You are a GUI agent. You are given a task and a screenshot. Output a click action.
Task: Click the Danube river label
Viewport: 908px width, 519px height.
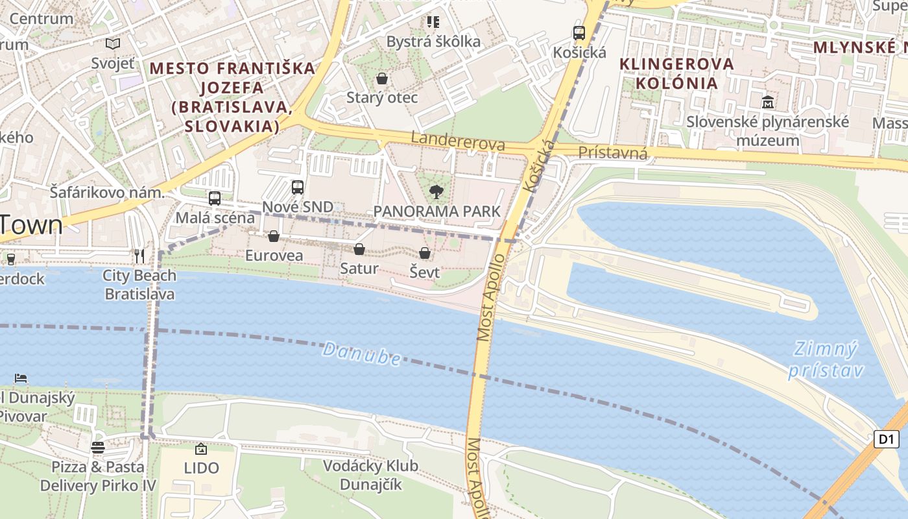361,354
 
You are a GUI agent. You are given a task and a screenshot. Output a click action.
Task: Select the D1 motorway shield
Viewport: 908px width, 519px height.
886,439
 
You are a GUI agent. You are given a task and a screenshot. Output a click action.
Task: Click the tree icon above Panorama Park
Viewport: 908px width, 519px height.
436,191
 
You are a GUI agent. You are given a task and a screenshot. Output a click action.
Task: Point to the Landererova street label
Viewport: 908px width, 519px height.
458,141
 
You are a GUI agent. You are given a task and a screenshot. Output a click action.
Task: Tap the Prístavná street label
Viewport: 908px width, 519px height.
612,153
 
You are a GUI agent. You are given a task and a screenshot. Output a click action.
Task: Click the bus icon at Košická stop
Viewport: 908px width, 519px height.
579,33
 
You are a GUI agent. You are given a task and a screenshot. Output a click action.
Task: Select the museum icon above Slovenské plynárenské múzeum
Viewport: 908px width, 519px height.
768,102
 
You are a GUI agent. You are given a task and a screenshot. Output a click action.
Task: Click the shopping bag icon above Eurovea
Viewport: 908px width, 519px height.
274,236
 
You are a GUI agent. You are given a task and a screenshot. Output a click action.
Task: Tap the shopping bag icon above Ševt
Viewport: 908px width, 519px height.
425,253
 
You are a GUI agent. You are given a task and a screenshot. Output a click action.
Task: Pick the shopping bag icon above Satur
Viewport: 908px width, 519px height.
359,249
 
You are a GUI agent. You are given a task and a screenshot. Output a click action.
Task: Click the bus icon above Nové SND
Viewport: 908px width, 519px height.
298,187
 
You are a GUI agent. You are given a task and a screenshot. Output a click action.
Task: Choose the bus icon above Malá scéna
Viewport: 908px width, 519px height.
215,199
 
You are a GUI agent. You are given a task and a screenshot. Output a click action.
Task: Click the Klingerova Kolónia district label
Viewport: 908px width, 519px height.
677,73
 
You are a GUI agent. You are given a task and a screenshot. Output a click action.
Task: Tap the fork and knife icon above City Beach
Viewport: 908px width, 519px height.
139,256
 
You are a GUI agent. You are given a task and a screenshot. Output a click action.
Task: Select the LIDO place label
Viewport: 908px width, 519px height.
201,468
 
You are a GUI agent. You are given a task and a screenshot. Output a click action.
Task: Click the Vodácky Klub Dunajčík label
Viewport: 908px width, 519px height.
370,475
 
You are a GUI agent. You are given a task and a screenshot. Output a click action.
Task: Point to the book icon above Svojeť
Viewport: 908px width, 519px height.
113,44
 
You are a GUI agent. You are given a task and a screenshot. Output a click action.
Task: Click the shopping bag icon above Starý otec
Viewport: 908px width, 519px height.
382,78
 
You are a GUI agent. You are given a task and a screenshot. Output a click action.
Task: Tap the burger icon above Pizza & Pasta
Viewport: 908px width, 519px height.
98,447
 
